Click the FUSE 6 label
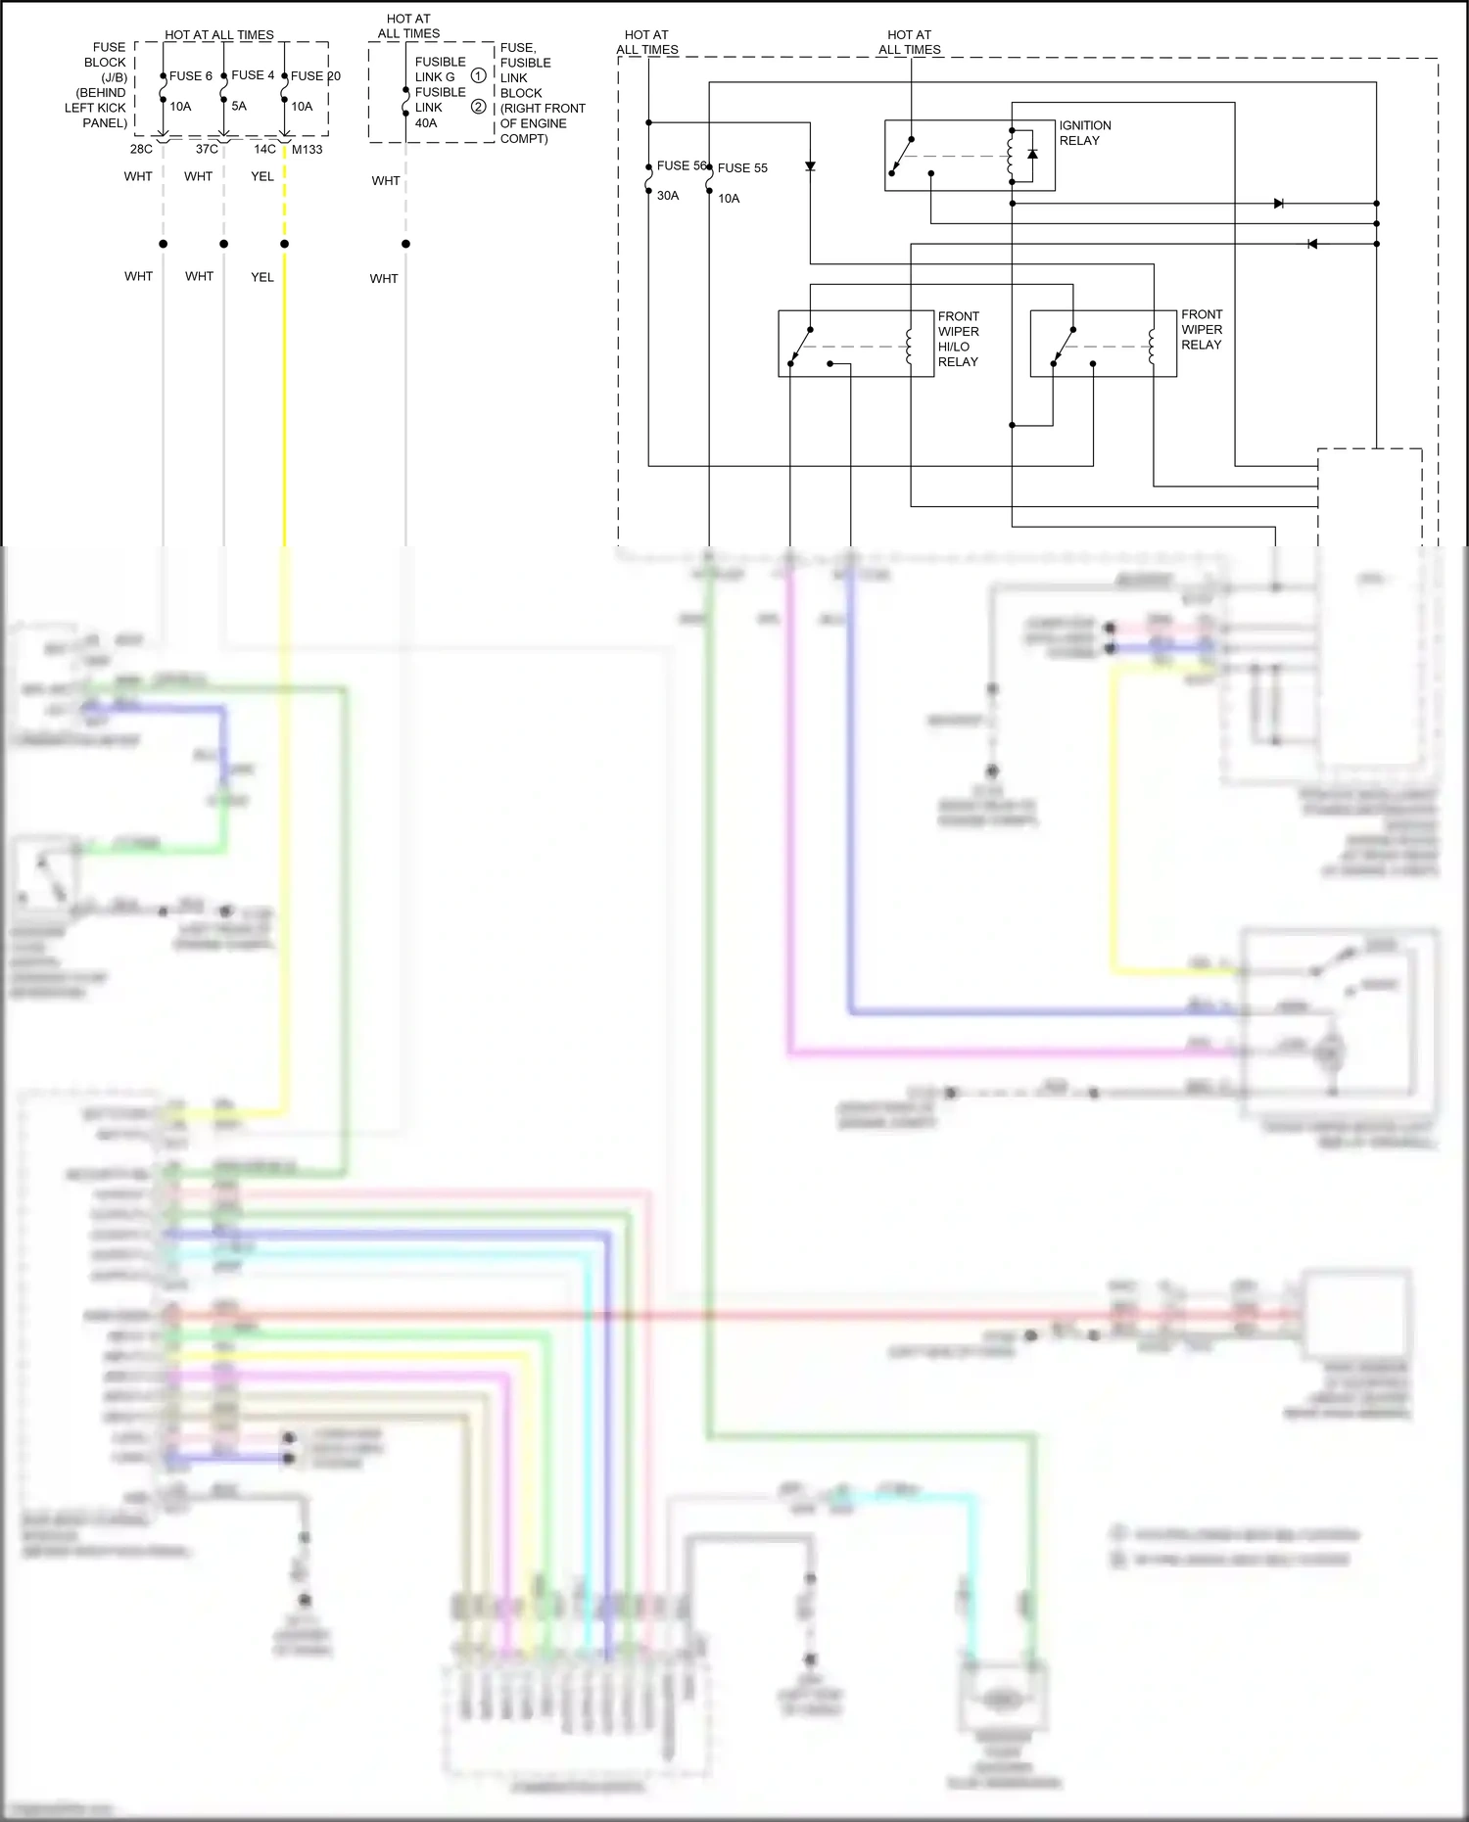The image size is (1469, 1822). click(x=190, y=75)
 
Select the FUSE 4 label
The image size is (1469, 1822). click(x=253, y=74)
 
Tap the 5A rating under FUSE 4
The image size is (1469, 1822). click(x=239, y=106)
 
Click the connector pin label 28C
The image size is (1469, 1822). click(x=141, y=149)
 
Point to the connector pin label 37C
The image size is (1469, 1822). click(x=207, y=149)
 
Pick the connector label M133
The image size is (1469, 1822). click(x=307, y=149)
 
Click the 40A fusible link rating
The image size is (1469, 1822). click(x=426, y=122)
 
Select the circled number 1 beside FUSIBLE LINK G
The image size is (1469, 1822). click(x=478, y=75)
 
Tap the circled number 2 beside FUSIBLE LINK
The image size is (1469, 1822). click(x=478, y=107)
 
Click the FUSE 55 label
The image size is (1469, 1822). click(x=742, y=167)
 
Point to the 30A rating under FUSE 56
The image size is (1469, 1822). click(x=668, y=195)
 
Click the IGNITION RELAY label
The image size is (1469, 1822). click(x=1084, y=132)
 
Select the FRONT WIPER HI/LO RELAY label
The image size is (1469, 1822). click(x=958, y=339)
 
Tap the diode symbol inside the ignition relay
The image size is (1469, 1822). click(x=1032, y=154)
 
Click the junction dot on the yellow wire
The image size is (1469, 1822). click(x=284, y=244)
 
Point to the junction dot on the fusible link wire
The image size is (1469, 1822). click(x=405, y=244)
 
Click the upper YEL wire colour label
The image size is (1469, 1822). click(x=261, y=176)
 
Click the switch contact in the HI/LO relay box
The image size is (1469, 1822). click(x=801, y=346)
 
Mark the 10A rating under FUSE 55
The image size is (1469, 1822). click(x=729, y=198)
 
